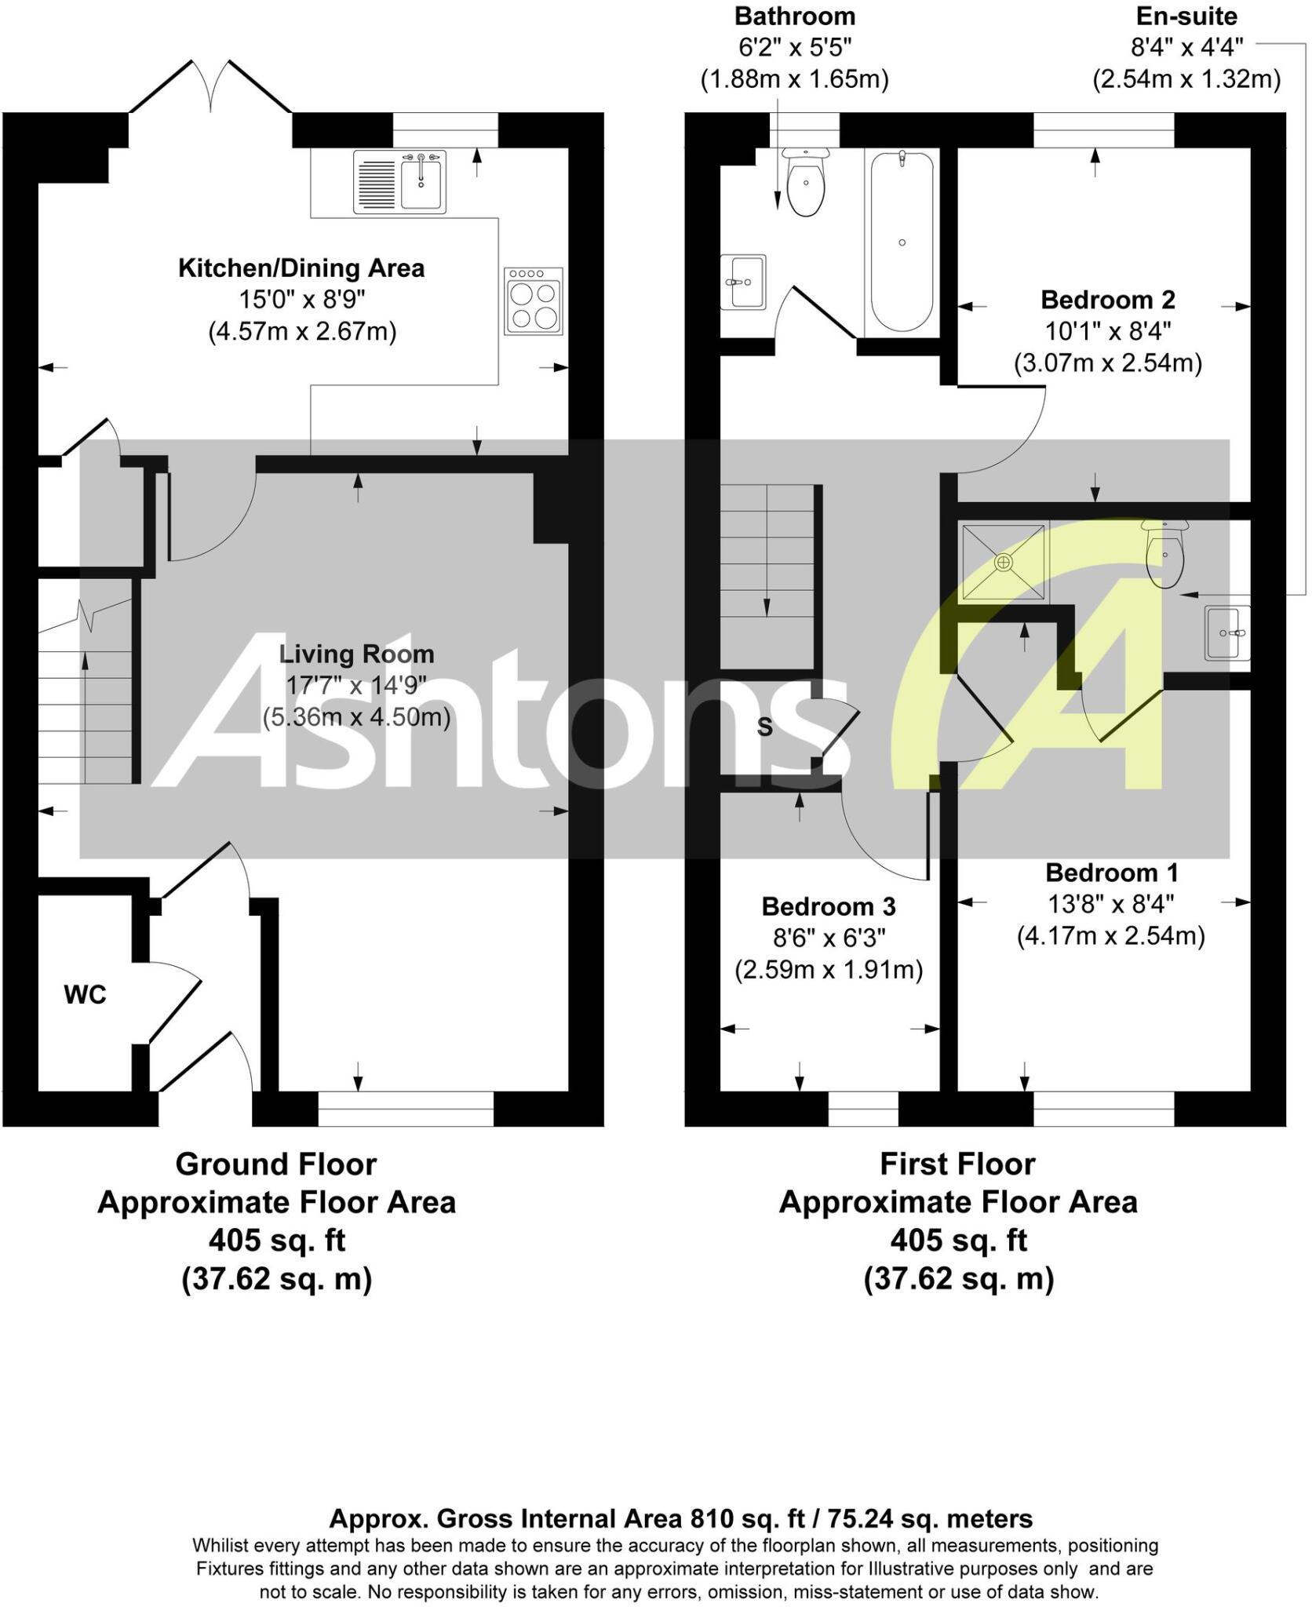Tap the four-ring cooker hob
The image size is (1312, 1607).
tap(534, 301)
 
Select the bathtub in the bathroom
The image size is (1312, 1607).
tap(902, 242)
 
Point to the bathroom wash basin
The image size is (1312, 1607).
tap(742, 282)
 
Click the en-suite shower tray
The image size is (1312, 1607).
tap(1004, 562)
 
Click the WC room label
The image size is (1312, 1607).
tap(85, 995)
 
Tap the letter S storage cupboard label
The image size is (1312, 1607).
tap(764, 727)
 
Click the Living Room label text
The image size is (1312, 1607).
tap(356, 654)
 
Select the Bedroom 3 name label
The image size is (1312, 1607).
tap(828, 906)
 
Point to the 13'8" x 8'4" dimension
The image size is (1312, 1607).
tap(1110, 905)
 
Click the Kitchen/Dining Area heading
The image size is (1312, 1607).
tap(301, 268)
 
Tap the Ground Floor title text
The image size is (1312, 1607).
tap(276, 1164)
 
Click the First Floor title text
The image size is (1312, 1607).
tap(957, 1164)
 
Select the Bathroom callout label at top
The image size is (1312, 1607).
tap(795, 16)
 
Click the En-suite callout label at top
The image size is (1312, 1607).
tap(1186, 16)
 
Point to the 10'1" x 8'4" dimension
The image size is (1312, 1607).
tap(1107, 332)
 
